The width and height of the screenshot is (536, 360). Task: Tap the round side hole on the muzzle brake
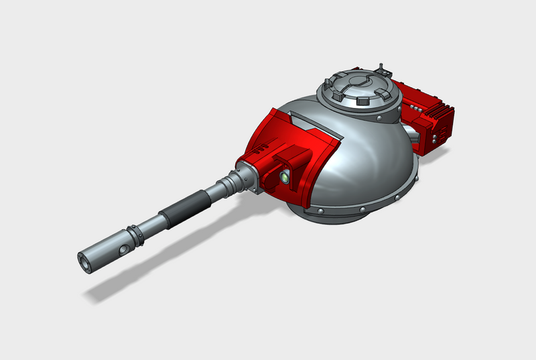coord(123,248)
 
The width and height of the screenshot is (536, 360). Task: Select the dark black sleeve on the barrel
coord(182,206)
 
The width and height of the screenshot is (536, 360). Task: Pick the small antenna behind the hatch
coord(383,67)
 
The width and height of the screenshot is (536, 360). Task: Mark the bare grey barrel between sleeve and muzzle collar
coord(151,225)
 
